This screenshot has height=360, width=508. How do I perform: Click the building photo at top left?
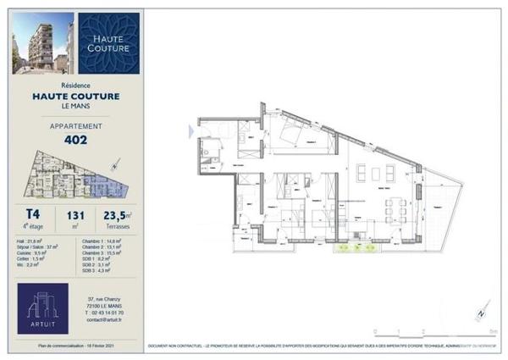coord(41,42)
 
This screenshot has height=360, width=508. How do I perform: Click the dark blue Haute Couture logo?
coord(109,43)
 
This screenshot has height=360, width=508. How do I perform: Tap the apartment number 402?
coord(76,141)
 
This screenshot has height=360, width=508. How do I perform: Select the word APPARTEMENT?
coord(76,126)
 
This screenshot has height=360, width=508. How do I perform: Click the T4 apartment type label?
coord(34,216)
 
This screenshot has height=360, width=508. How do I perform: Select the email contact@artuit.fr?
coord(105,319)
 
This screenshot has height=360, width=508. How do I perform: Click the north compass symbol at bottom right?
coord(480,312)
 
